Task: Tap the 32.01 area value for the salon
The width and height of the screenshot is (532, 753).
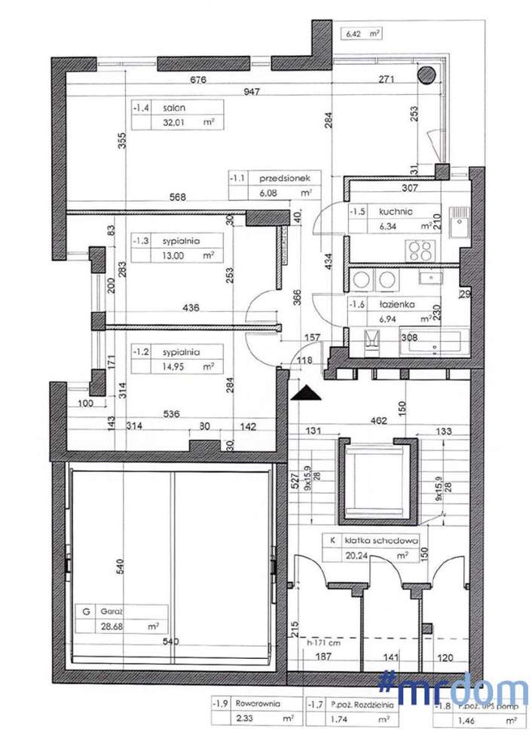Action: (x=167, y=123)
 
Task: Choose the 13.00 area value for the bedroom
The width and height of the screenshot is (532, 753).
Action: (x=167, y=255)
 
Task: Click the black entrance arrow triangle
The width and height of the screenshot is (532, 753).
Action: (x=304, y=392)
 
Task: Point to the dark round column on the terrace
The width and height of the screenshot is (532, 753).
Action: (x=426, y=74)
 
